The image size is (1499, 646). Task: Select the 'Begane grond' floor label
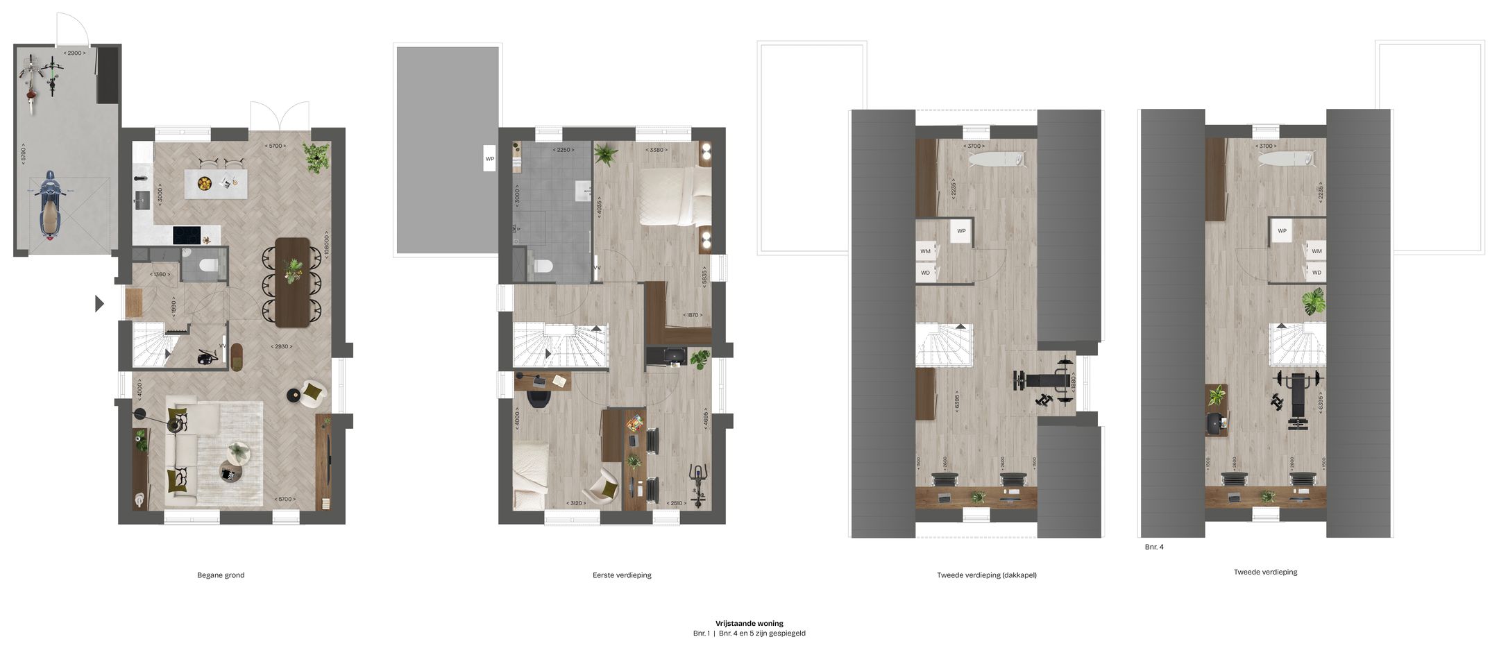[221, 575]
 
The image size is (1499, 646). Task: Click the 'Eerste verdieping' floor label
[622, 575]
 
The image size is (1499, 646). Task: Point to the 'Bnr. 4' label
[1154, 547]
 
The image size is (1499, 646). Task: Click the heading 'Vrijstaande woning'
[749, 623]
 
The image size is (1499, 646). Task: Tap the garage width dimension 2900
[75, 53]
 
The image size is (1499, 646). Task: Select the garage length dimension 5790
[23, 153]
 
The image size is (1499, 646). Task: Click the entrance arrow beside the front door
[99, 303]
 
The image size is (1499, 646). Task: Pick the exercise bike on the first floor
[697, 484]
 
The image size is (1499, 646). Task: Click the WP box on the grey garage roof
[490, 159]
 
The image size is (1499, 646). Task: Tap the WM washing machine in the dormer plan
[926, 251]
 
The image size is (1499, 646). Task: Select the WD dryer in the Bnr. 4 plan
[1316, 273]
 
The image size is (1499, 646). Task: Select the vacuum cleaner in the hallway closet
[207, 357]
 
